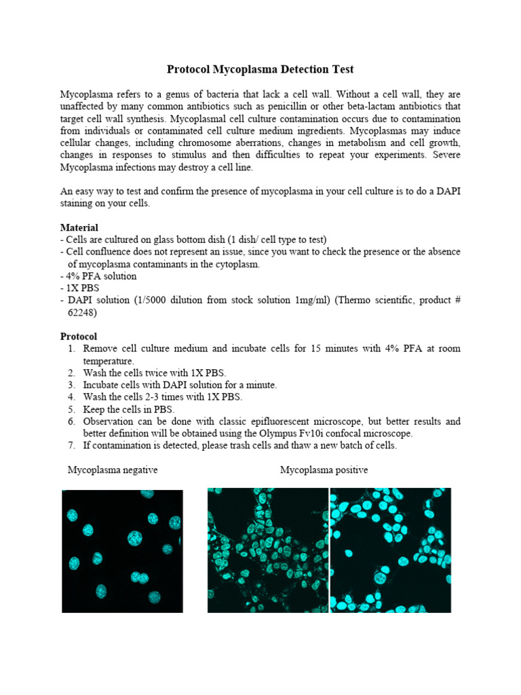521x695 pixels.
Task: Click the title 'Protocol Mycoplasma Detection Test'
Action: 260,70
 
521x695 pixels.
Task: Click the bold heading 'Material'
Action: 79,227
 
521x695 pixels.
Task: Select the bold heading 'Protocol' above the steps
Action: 79,336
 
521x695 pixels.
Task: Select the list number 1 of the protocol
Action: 71,349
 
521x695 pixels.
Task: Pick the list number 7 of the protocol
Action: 71,446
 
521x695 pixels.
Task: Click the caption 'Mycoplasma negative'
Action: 113,470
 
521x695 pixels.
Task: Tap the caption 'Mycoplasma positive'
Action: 324,470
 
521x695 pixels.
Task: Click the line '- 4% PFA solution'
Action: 98,276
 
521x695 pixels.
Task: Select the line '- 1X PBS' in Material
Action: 83,288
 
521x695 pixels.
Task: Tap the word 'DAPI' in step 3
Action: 151,385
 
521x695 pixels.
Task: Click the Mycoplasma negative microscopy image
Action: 123,551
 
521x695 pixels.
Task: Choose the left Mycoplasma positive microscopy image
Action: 268,550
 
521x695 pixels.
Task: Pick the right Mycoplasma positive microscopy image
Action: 391,550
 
